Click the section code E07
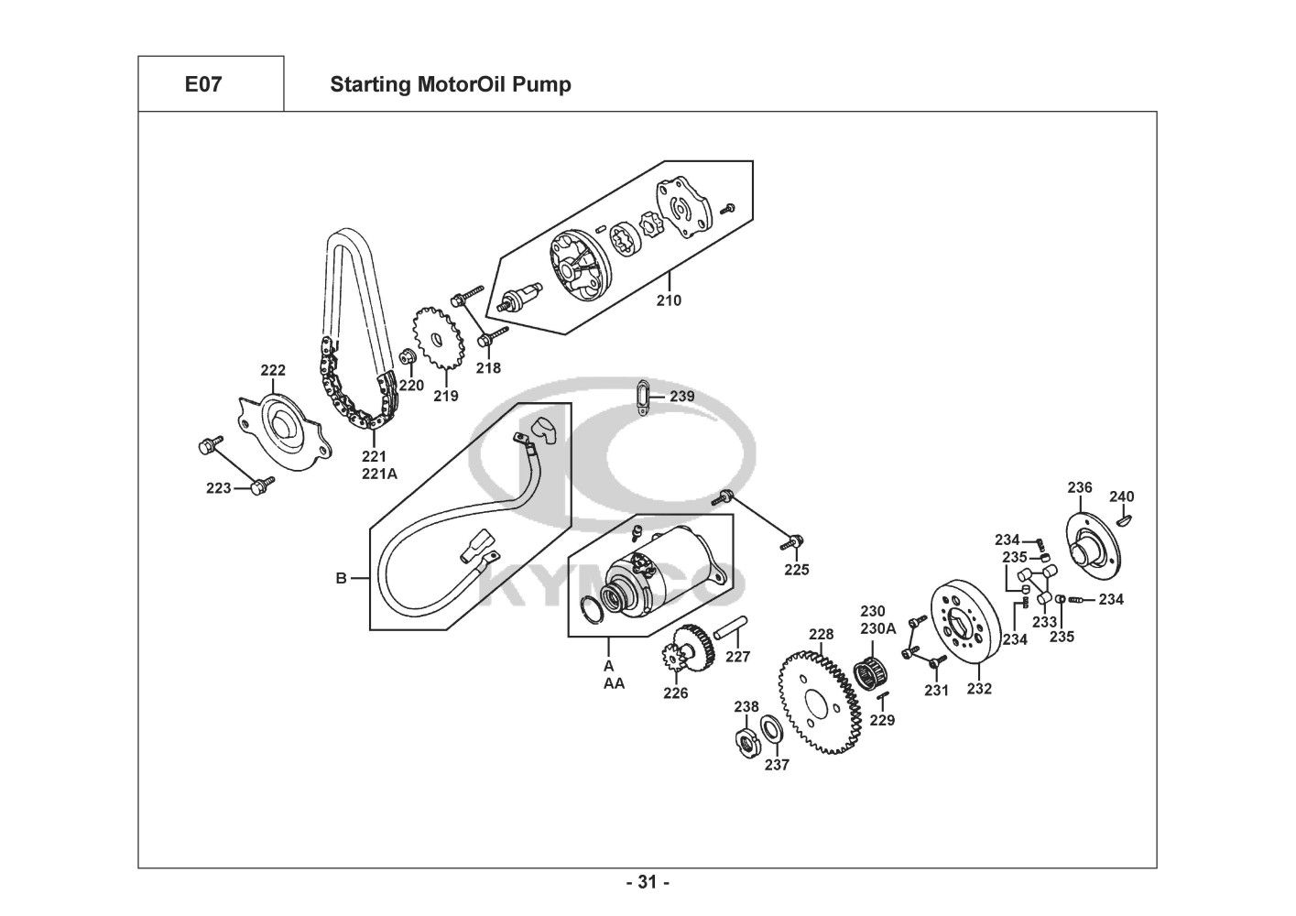[203, 84]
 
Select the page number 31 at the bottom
[648, 882]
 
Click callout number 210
[669, 300]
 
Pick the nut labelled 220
[408, 357]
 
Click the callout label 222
[273, 370]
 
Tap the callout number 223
[219, 488]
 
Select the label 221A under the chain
[379, 474]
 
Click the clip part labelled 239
[643, 397]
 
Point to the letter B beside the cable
[342, 578]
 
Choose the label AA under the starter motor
[615, 684]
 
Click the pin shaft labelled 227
[730, 628]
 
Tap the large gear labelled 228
[820, 703]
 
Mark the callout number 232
[979, 689]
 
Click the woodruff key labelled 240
[1124, 520]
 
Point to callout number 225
[797, 570]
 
